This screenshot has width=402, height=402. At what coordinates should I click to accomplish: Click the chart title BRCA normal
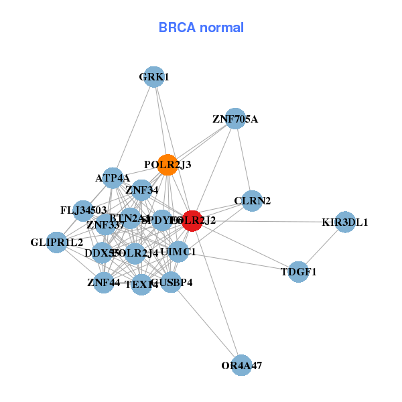pyautogui.click(x=201, y=27)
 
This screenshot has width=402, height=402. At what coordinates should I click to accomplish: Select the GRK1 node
pyautogui.click(x=154, y=77)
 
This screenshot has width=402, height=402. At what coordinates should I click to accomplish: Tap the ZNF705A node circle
pyautogui.click(x=234, y=119)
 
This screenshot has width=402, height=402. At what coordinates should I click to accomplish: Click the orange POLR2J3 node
pyautogui.click(x=167, y=164)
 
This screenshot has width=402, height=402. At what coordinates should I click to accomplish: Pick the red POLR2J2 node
pyautogui.click(x=192, y=220)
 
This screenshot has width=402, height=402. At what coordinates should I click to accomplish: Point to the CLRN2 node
pyautogui.click(x=252, y=201)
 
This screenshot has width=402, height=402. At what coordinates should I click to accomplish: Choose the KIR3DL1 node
pyautogui.click(x=344, y=222)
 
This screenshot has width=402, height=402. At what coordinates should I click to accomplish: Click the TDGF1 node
pyautogui.click(x=299, y=271)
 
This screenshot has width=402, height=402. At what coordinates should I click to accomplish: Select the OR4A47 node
pyautogui.click(x=241, y=365)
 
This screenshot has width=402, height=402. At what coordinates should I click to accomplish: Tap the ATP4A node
pyautogui.click(x=113, y=178)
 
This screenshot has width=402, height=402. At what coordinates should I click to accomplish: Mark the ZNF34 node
pyautogui.click(x=141, y=190)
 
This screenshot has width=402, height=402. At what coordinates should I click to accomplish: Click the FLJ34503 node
pyautogui.click(x=83, y=210)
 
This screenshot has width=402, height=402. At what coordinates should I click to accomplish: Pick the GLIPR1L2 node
pyautogui.click(x=56, y=242)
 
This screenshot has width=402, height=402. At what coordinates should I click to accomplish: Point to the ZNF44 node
pyautogui.click(x=103, y=282)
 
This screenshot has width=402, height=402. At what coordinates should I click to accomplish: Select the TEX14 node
pyautogui.click(x=141, y=284)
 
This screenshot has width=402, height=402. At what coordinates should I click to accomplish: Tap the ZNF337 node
pyautogui.click(x=105, y=224)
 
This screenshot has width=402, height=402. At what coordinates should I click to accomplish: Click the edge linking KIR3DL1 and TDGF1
pyautogui.click(x=322, y=247)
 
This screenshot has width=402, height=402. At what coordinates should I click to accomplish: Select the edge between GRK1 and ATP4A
pyautogui.click(x=133, y=127)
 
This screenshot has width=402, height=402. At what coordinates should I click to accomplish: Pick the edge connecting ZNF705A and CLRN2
pyautogui.click(x=243, y=159)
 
